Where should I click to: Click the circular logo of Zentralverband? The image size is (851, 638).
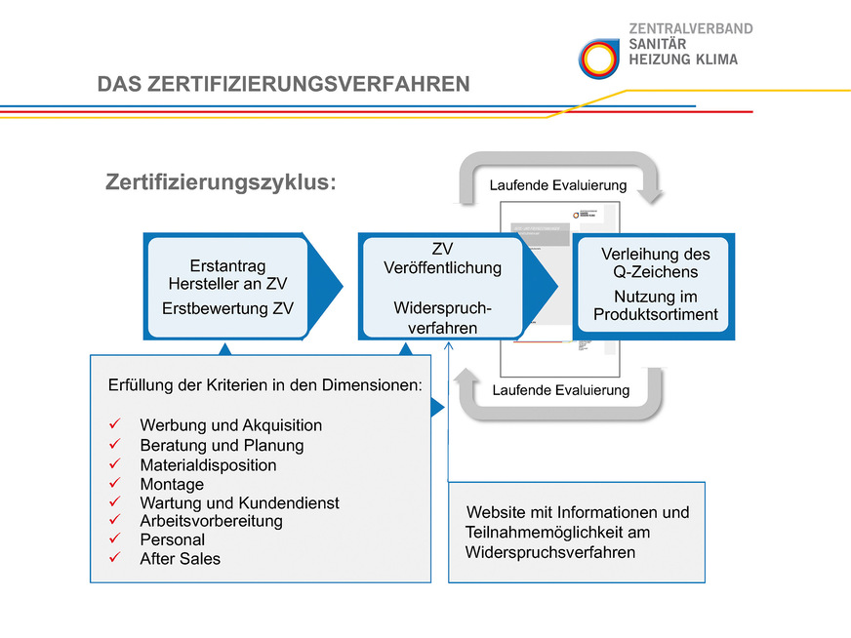coord(597,58)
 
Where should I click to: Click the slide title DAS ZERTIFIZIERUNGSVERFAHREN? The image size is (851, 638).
coord(283,85)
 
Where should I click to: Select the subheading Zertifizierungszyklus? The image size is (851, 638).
coord(220,182)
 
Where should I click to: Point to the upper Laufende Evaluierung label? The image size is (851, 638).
coord(558,185)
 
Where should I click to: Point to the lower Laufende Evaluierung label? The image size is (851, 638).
coord(560,390)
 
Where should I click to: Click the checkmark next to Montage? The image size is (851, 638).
coord(114,484)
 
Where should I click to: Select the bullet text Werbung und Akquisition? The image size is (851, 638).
coord(230,425)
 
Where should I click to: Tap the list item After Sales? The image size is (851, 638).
coord(180,559)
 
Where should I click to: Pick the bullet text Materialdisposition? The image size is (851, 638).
coord(208,465)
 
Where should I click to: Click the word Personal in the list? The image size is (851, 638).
coord(172,539)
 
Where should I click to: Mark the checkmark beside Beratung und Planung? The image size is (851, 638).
coord(114,446)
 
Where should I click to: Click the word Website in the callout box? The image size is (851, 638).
coord(495,512)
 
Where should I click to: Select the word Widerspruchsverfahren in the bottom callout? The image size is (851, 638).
coord(549,552)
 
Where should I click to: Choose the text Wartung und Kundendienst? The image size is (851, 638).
coord(239,503)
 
